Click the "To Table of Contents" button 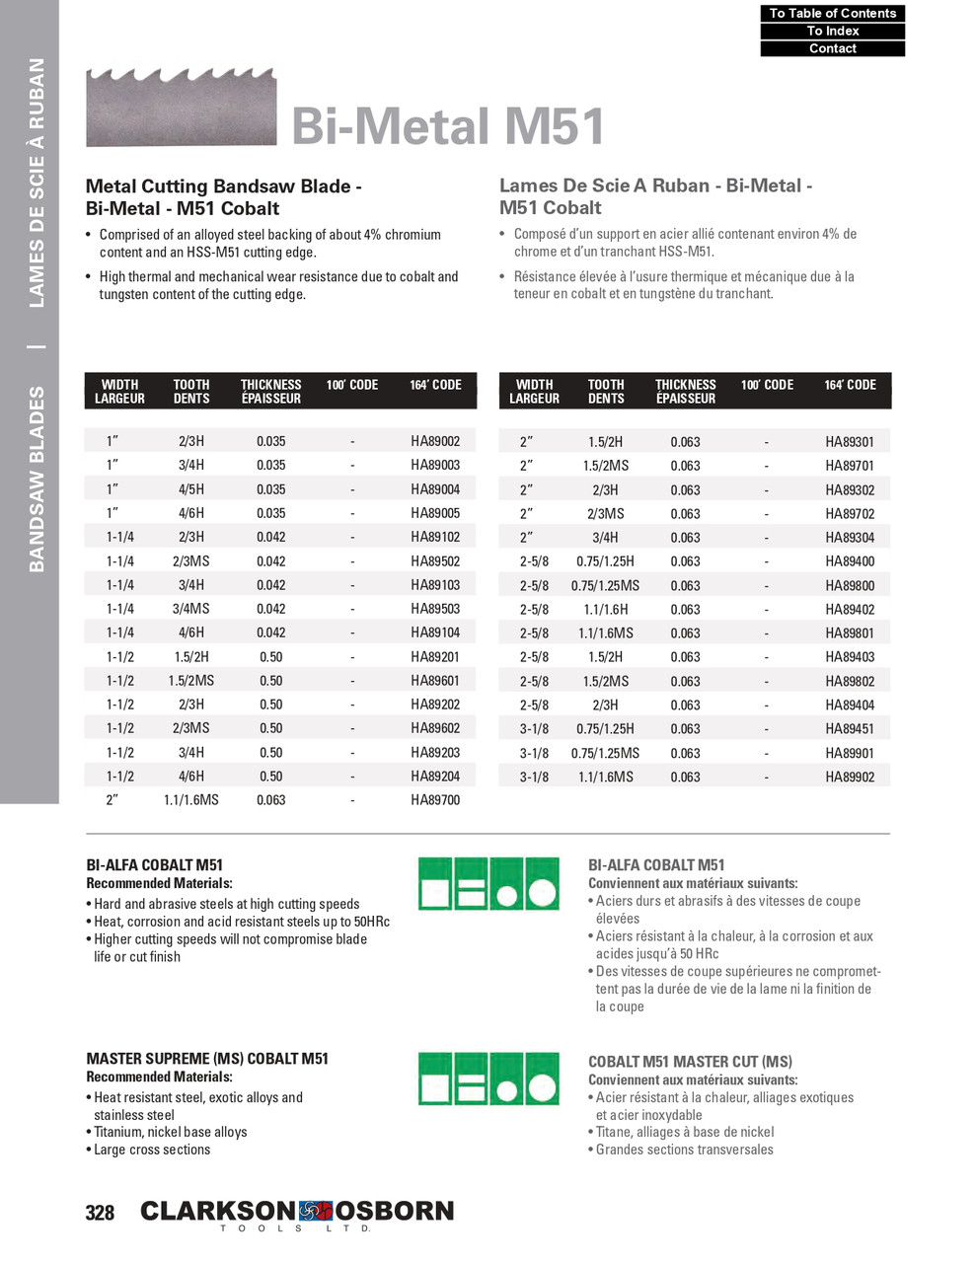coord(832,13)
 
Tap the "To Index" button coord(832,31)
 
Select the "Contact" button coord(832,48)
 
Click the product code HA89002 coord(435,441)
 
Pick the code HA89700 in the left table coord(435,800)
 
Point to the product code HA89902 coord(850,777)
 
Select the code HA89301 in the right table coord(850,442)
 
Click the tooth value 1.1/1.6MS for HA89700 coord(190,800)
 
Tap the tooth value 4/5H coord(190,489)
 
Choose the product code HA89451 coord(850,729)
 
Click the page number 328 coord(100,1213)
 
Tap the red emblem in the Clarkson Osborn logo coord(316,1211)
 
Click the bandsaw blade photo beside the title coord(181,107)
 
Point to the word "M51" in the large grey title coord(555,126)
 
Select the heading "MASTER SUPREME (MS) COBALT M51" coord(207,1059)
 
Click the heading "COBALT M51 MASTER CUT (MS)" coord(690,1062)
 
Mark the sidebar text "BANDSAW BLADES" coord(37,479)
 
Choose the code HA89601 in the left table coord(435,681)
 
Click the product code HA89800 coord(850,585)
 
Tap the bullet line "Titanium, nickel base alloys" coord(170,1132)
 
